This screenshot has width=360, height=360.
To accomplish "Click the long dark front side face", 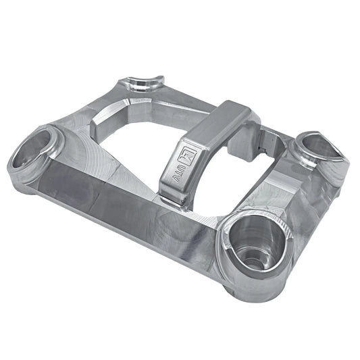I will point(122,203).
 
